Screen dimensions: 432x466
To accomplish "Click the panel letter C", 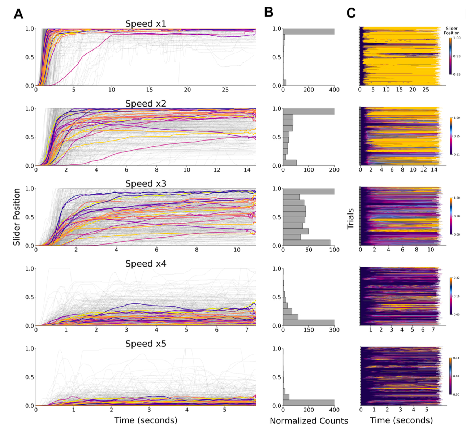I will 351,13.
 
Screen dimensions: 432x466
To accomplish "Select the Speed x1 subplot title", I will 146,24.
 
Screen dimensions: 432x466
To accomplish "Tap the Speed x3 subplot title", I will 146,184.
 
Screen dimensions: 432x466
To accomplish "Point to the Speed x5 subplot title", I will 146,344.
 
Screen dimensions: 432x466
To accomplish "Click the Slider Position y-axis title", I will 17,217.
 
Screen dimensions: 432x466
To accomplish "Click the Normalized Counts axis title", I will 309,421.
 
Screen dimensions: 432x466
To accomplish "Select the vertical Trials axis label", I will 350,218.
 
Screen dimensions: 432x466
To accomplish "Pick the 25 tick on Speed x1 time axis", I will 225,90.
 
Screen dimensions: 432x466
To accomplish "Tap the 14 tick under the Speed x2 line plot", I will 247,170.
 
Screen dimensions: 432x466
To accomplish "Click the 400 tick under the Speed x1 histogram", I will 334,90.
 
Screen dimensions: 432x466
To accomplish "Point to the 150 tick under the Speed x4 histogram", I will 308,330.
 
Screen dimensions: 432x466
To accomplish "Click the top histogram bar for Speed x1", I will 308,31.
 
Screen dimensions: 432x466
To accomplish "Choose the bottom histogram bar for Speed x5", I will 308,403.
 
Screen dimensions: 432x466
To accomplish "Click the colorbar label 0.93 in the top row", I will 457,56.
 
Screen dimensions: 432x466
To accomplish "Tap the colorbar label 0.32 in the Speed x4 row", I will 457,278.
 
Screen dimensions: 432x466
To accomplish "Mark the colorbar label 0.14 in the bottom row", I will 457,358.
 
